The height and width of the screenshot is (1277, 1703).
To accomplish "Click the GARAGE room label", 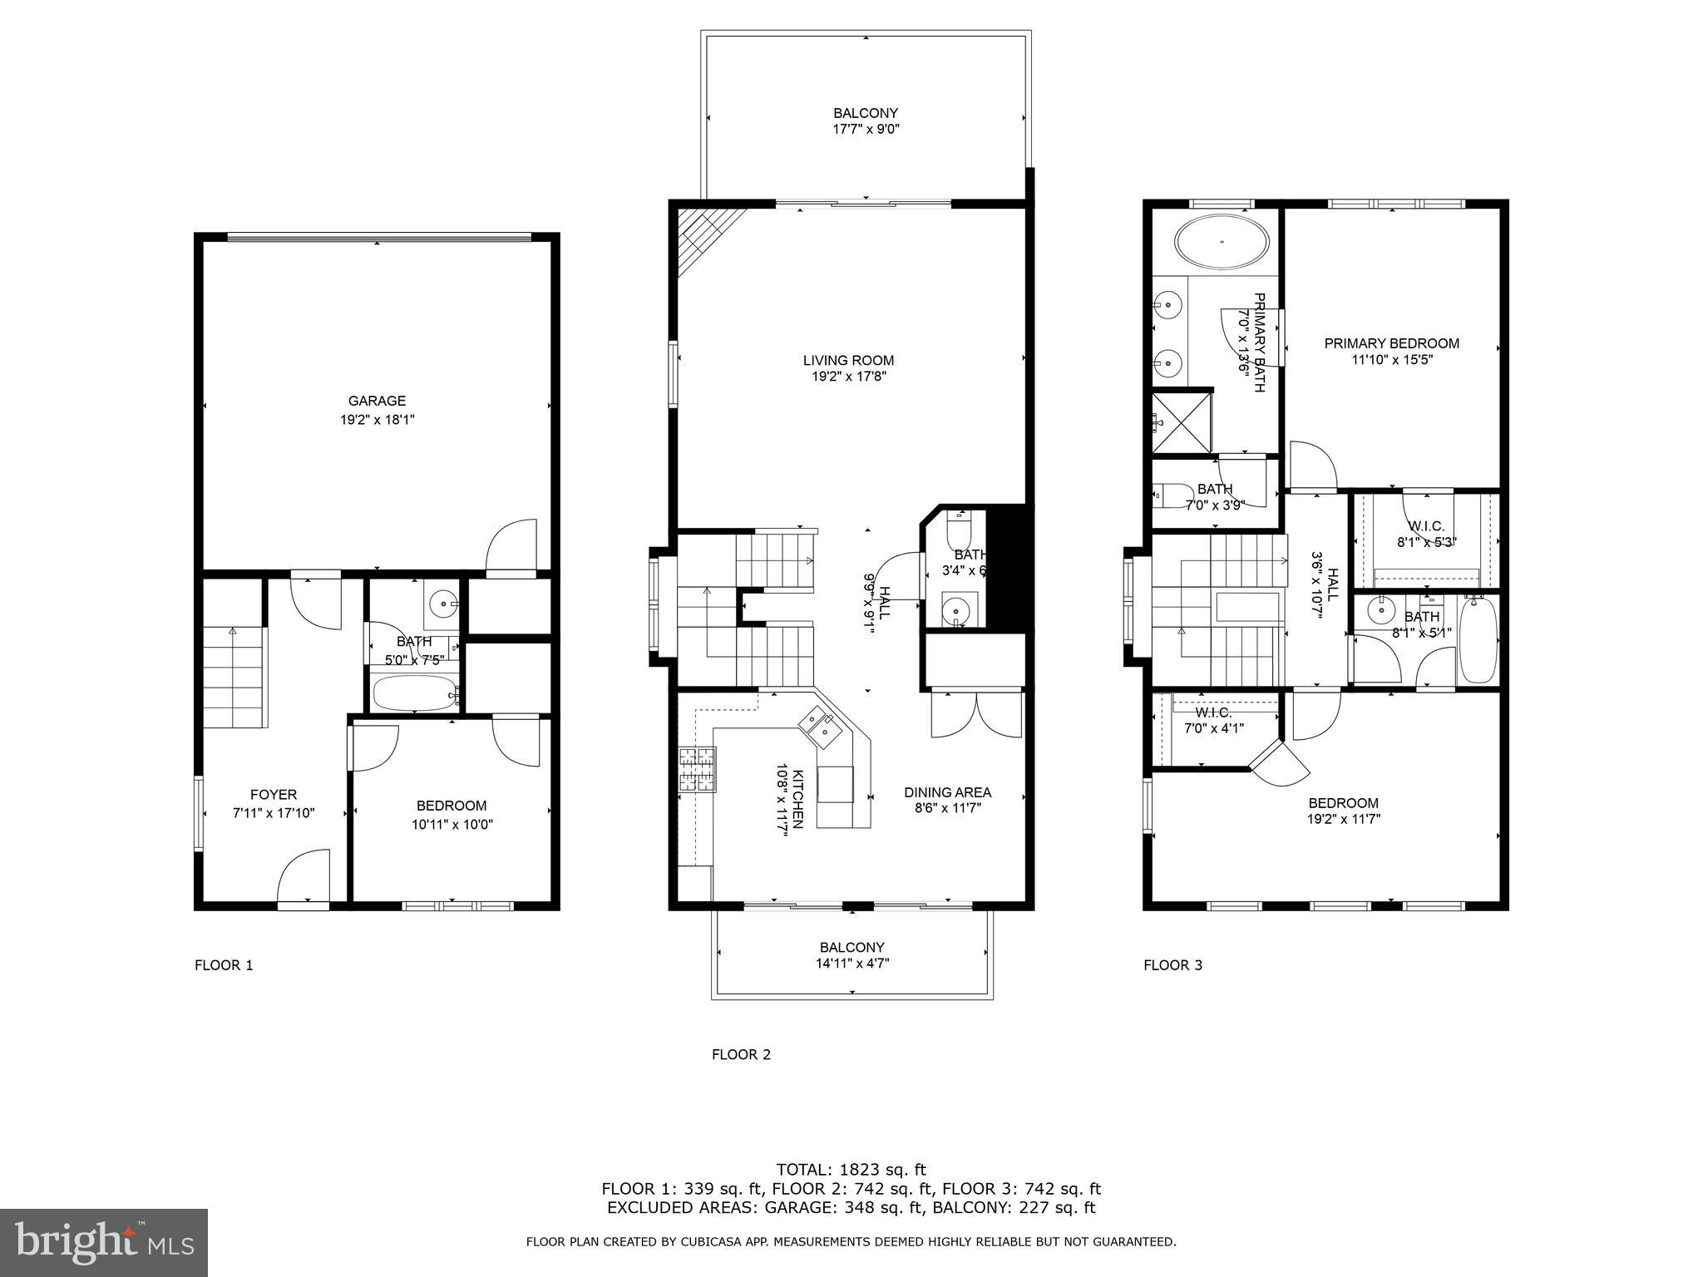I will click(x=377, y=401).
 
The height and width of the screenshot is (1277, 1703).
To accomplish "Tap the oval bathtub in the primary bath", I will click(x=1222, y=242).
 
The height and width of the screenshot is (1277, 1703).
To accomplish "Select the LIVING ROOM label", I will click(x=848, y=360).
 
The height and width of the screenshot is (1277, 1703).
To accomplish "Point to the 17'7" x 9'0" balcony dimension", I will click(x=866, y=130).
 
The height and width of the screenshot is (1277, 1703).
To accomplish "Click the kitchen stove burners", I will click(x=697, y=769).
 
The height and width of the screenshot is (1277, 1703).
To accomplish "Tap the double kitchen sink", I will click(x=821, y=725).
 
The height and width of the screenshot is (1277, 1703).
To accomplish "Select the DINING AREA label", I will click(x=947, y=792).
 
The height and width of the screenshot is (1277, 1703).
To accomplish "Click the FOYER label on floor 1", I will click(x=273, y=795).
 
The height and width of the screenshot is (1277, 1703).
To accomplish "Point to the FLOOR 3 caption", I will click(x=1172, y=965).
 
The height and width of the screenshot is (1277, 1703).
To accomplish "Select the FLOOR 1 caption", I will click(x=224, y=965).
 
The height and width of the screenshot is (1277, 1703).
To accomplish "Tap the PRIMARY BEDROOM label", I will click(x=1391, y=343).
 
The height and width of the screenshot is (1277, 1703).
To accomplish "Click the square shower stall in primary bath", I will click(x=1181, y=422).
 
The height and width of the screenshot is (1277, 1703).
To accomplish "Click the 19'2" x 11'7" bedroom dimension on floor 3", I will click(x=1343, y=819).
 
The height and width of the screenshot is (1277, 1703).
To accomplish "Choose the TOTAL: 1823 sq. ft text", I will click(x=851, y=1170).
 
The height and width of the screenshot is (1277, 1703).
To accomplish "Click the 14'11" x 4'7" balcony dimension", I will click(x=851, y=964).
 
